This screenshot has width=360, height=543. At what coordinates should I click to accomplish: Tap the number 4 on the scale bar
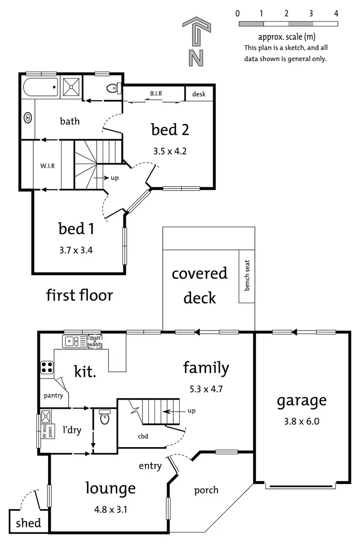pos(336,13)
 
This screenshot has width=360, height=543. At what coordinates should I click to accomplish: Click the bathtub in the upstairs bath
pos(40,88)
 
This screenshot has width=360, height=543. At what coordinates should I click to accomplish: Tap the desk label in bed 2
pos(199,94)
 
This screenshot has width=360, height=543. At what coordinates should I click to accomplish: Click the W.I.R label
pos(47,165)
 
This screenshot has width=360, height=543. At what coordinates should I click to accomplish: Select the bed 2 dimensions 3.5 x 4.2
pos(170,151)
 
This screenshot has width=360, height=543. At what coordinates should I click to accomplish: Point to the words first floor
pos(80,295)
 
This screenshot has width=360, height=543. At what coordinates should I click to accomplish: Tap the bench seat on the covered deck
pos(247,276)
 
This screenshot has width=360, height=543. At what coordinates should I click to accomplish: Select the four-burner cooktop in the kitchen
pos(47,367)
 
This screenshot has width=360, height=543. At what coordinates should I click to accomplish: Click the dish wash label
pos(95,341)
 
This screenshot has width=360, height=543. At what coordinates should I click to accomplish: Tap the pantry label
pos(53,396)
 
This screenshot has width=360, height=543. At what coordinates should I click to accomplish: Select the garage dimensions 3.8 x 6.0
pos(301,422)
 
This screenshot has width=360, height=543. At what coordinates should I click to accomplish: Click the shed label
pos(29,523)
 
